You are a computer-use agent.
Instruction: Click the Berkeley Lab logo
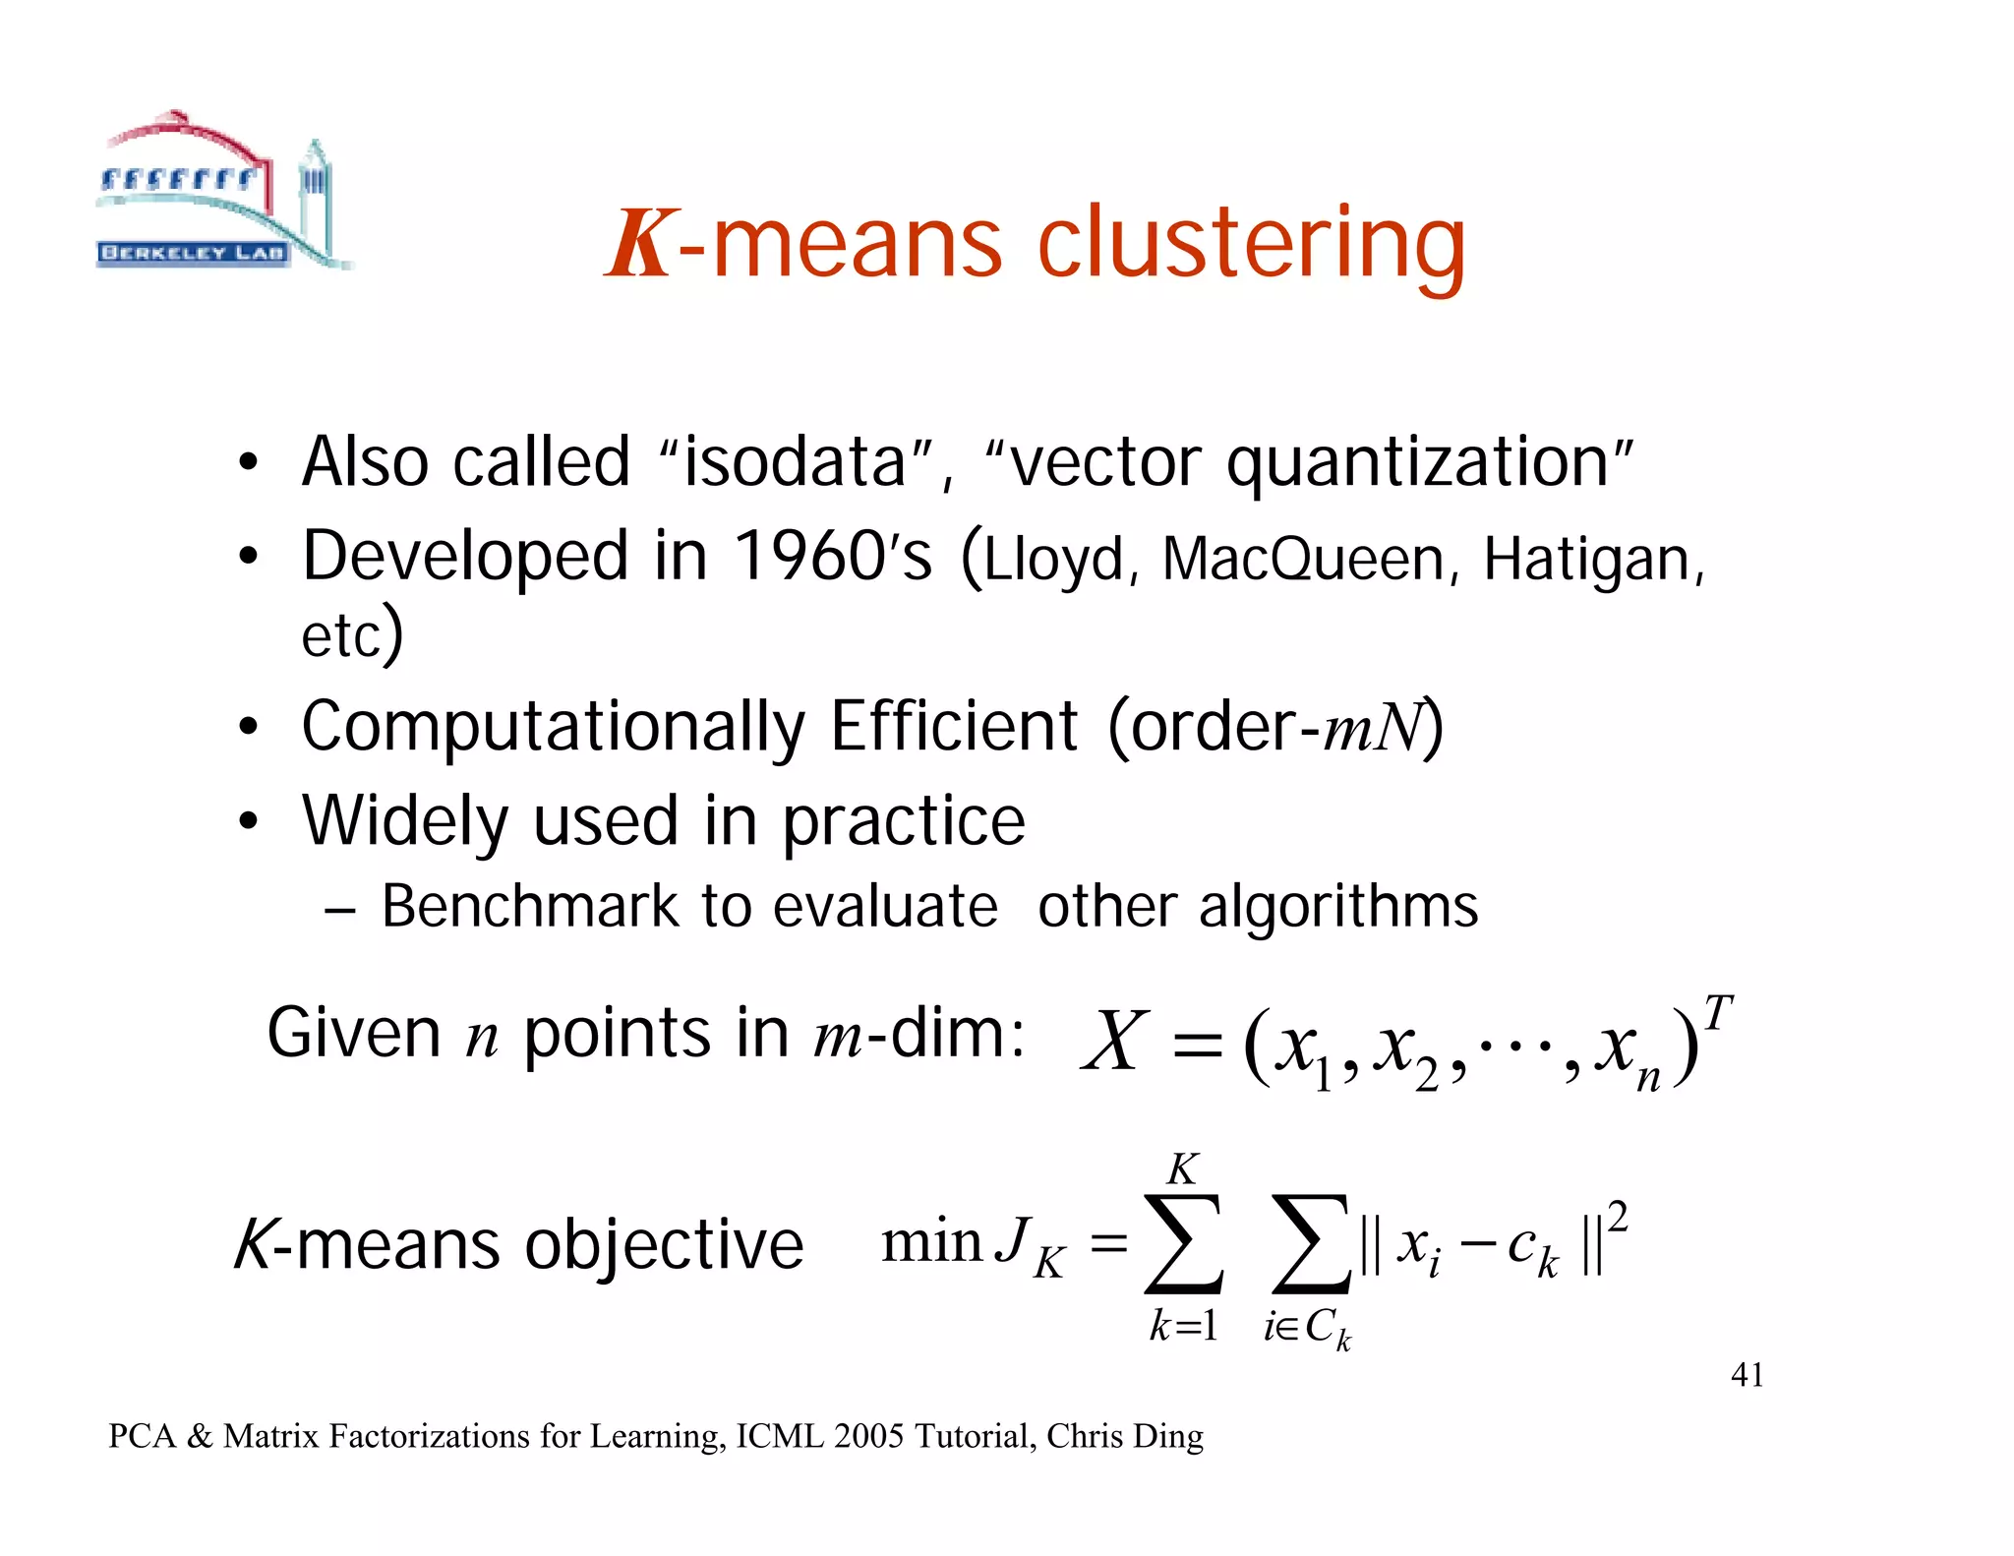(x=221, y=192)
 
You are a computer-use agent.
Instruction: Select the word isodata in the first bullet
(x=795, y=462)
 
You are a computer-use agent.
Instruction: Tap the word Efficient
(x=954, y=727)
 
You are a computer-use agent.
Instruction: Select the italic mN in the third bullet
(x=1373, y=729)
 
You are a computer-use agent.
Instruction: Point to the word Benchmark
(x=530, y=906)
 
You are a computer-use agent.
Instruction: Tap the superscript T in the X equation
(x=1717, y=1012)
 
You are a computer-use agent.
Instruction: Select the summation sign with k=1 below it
(x=1184, y=1243)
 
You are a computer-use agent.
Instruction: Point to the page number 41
(x=1747, y=1374)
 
